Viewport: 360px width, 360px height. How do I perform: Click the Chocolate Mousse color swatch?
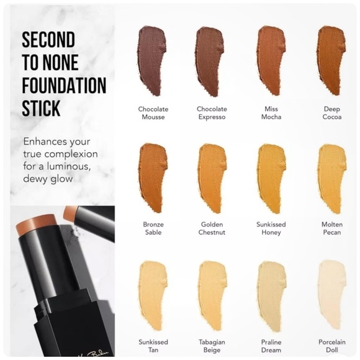pyautogui.click(x=151, y=61)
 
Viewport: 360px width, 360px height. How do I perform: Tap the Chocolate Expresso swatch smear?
pyautogui.click(x=210, y=61)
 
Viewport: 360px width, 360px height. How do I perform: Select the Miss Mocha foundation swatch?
pyautogui.click(x=271, y=61)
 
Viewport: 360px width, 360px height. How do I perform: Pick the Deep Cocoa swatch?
pyautogui.click(x=331, y=60)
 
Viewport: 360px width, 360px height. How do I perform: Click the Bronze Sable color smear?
pyautogui.click(x=153, y=178)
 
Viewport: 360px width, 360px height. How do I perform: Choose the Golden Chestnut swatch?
pyautogui.click(x=212, y=179)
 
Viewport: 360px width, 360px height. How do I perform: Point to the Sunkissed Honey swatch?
pyautogui.click(x=271, y=179)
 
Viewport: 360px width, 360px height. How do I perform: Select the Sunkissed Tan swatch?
pyautogui.click(x=153, y=295)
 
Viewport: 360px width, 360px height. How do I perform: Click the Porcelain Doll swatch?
pyautogui.click(x=332, y=295)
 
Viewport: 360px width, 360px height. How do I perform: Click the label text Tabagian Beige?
pyautogui.click(x=212, y=346)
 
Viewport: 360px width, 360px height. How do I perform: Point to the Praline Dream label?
pyautogui.click(x=271, y=346)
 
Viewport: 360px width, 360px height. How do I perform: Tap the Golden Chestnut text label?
pyautogui.click(x=212, y=228)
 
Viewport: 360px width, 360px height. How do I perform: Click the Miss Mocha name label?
pyautogui.click(x=271, y=113)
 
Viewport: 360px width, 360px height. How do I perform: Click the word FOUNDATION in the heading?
pyautogui.click(x=64, y=85)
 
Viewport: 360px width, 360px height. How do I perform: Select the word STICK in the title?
pyautogui.click(x=41, y=108)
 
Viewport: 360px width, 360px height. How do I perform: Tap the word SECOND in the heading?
pyautogui.click(x=48, y=40)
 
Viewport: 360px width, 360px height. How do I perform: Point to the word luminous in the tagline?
pyautogui.click(x=68, y=166)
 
